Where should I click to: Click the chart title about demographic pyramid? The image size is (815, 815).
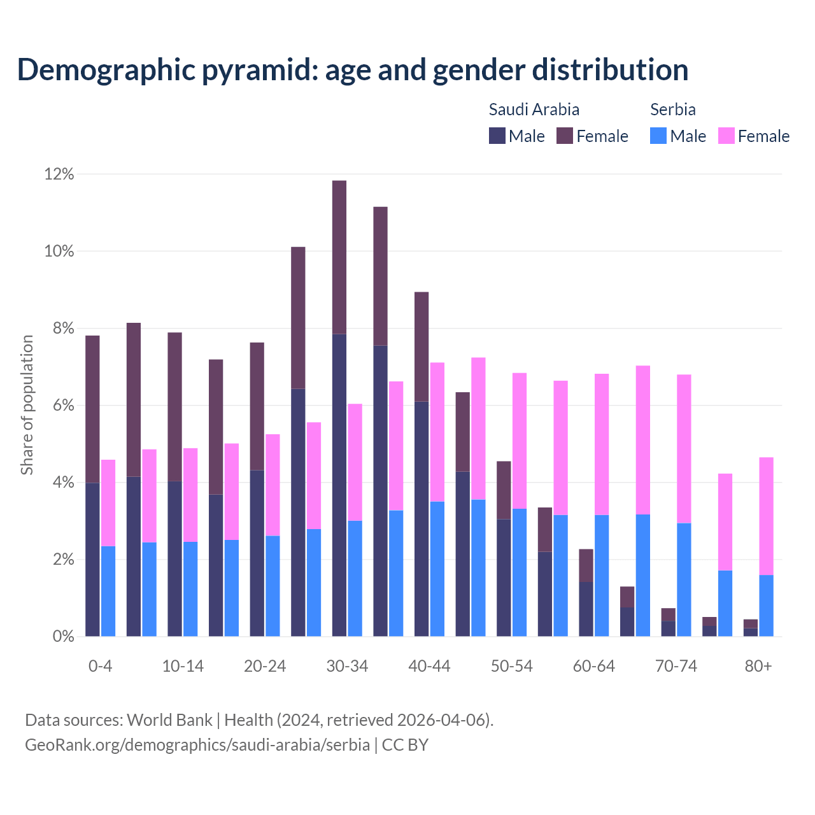353,69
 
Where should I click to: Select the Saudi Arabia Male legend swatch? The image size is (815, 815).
497,136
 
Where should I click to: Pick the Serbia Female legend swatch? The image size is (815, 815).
726,136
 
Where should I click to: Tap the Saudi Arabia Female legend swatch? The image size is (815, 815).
565,136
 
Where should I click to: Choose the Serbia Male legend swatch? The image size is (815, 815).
658,136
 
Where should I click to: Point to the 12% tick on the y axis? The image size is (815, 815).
59,174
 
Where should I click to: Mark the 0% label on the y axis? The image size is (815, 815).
62,637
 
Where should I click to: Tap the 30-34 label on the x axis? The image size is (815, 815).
347,667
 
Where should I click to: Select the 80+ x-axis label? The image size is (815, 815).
758,667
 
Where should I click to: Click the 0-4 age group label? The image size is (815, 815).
100,667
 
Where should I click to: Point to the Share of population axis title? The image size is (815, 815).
27,405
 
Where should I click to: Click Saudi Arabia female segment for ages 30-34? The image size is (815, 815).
339,257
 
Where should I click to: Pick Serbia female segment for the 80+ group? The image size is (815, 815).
767,516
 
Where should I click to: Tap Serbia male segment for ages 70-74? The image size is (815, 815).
684,579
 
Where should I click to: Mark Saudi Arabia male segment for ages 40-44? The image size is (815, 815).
422,519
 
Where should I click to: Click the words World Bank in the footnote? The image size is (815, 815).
169,720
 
